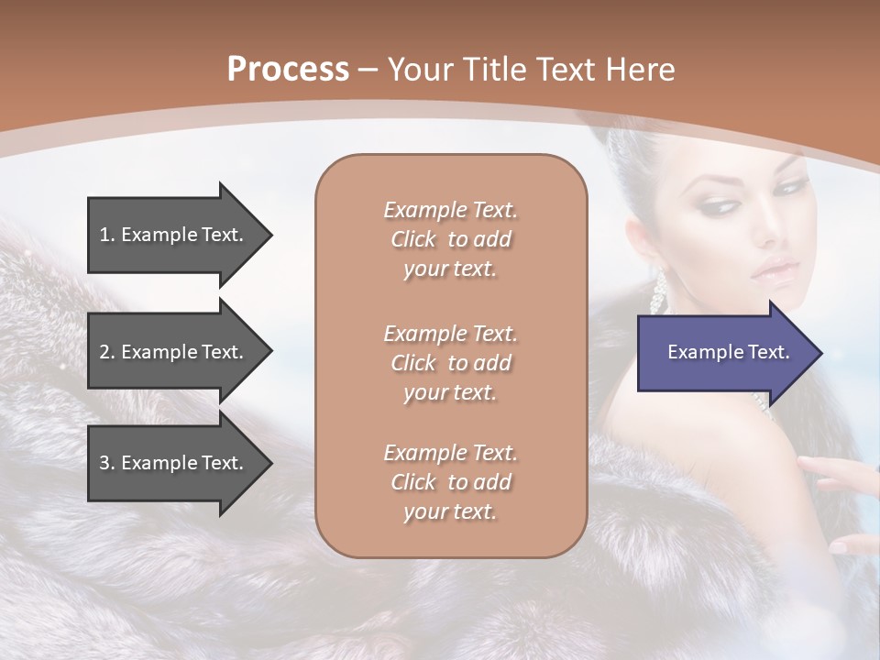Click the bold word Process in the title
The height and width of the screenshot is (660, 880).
click(x=288, y=70)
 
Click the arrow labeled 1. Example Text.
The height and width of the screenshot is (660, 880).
click(x=174, y=235)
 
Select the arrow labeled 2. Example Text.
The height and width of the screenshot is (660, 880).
click(x=174, y=352)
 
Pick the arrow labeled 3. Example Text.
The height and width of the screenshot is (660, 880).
click(x=174, y=463)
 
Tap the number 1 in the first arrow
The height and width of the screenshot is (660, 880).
click(x=104, y=235)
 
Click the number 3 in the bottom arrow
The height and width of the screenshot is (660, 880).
click(x=104, y=463)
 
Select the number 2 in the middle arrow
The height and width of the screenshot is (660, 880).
click(x=104, y=352)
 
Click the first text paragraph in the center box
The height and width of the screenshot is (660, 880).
click(x=450, y=239)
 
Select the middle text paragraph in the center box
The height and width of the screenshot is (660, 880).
click(x=450, y=362)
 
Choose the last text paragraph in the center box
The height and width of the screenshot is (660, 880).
click(x=450, y=482)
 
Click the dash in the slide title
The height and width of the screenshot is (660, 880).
click(x=368, y=71)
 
